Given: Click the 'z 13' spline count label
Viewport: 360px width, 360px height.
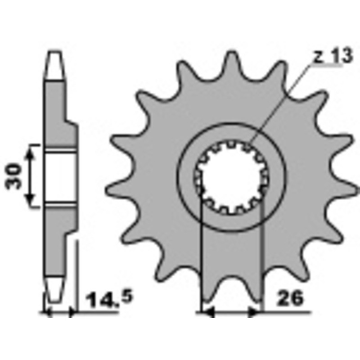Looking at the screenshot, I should (x=327, y=57).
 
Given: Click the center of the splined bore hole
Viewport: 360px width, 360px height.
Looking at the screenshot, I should (x=231, y=176).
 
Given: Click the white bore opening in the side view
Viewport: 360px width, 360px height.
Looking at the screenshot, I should (x=60, y=176).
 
